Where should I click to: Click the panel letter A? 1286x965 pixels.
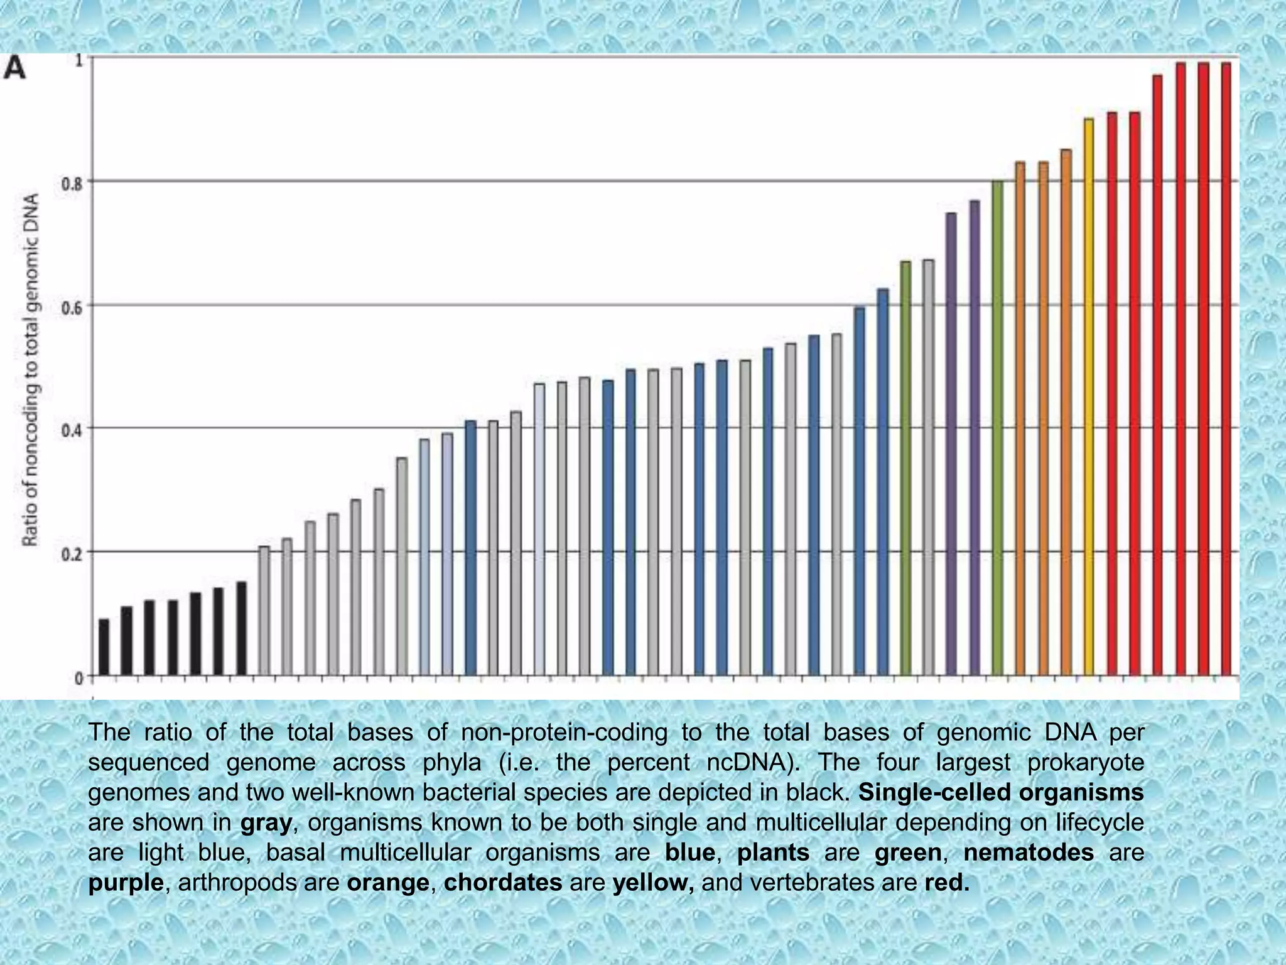15,68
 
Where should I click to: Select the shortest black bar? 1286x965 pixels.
104,647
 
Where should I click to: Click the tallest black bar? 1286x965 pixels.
241,629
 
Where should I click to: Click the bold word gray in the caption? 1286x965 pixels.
266,822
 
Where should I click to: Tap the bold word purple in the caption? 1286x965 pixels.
126,883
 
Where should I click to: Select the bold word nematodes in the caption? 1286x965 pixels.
1029,853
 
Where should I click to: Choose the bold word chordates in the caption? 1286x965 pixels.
503,883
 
